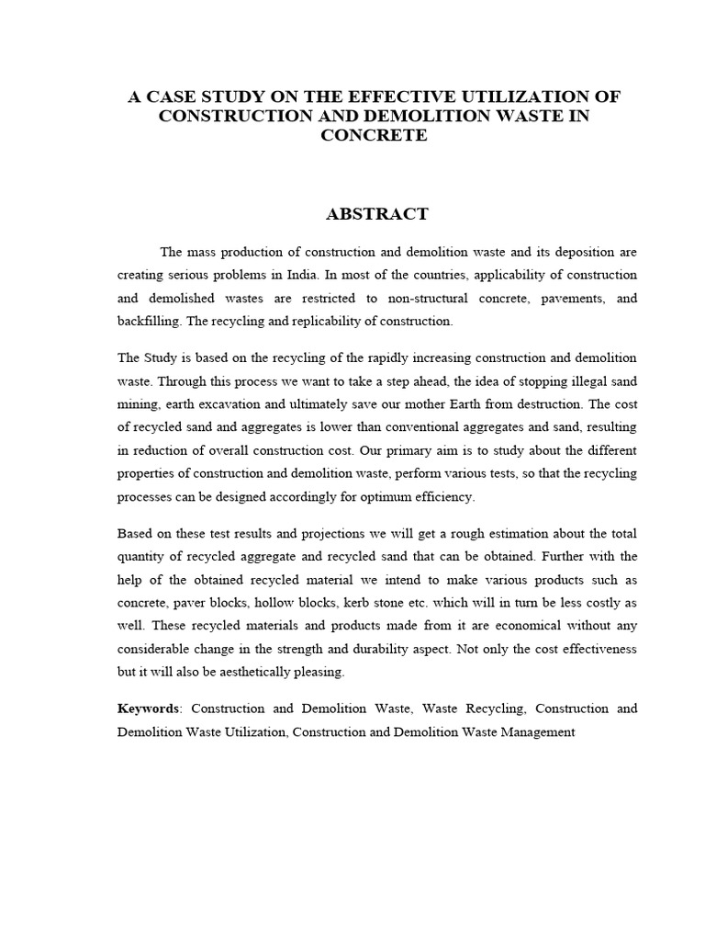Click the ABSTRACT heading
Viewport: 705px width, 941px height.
[377, 214]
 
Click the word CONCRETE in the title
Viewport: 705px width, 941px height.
[375, 135]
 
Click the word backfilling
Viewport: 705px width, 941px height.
[147, 323]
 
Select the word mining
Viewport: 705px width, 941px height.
[137, 404]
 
